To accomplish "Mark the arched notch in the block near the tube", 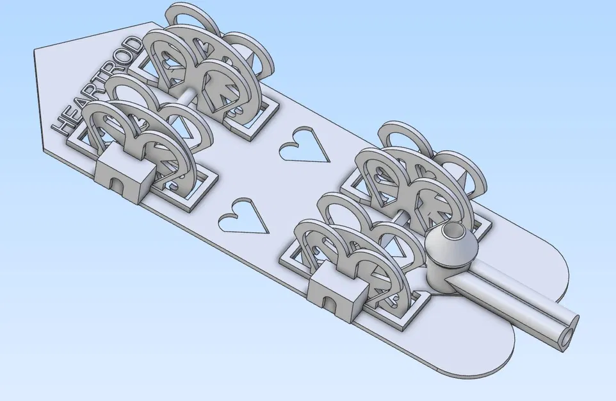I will [328, 302].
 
